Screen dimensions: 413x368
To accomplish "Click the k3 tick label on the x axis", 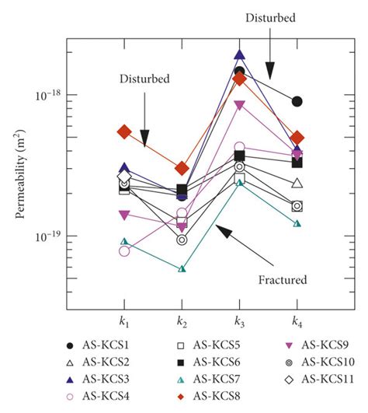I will point(239,320).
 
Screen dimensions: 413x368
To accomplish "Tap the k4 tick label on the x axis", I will point(297,320).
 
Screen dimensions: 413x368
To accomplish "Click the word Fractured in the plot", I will point(283,279).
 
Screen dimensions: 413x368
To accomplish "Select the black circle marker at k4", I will point(297,101).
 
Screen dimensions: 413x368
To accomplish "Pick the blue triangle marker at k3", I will point(239,55).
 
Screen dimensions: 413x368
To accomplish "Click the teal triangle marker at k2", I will point(182,269).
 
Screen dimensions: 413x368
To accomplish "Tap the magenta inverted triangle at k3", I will point(239,106).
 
